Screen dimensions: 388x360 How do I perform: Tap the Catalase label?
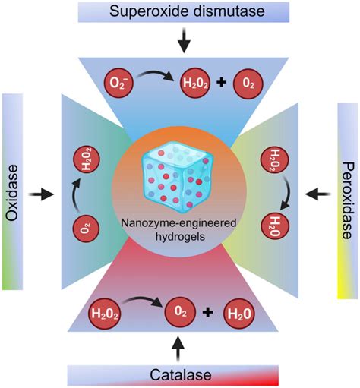[x=180, y=375]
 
